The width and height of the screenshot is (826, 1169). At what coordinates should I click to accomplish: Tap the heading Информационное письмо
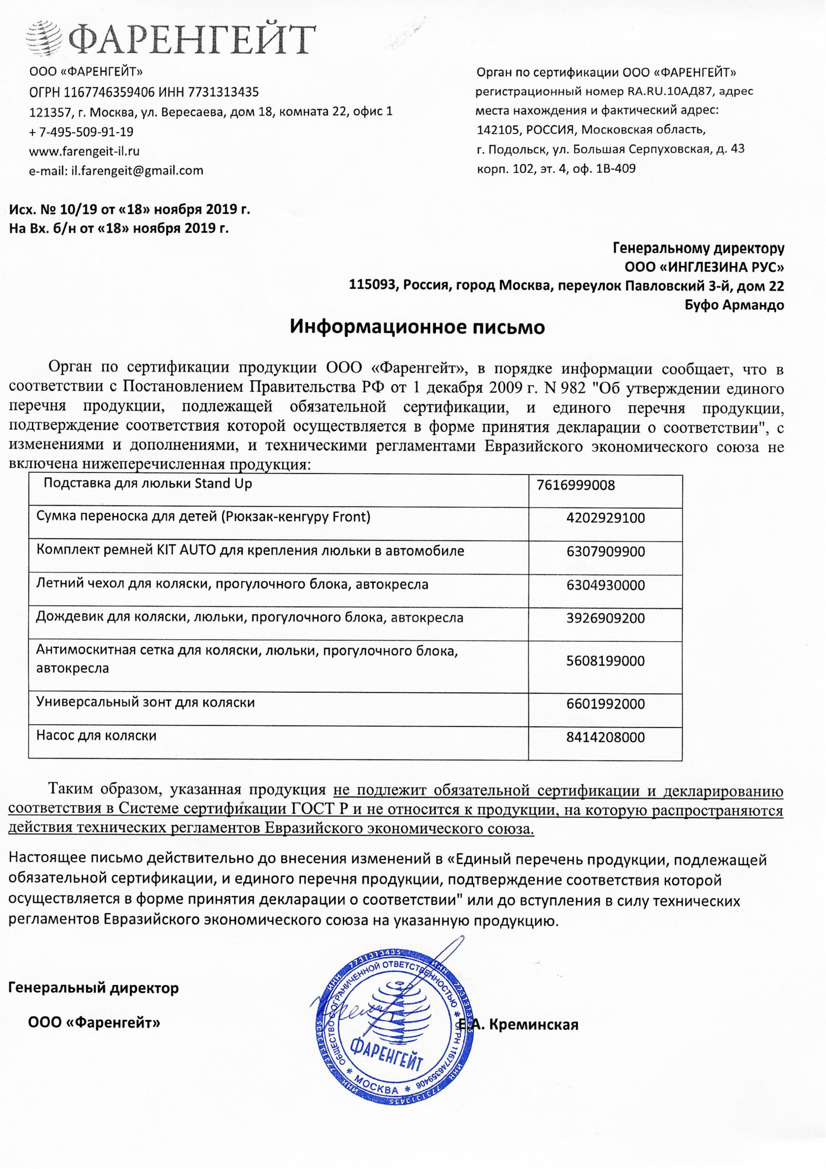tap(417, 327)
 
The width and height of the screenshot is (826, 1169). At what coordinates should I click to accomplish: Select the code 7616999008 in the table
tap(575, 485)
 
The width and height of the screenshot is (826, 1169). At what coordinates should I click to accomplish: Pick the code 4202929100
tap(605, 518)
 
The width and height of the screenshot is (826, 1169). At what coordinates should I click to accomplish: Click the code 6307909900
tap(605, 552)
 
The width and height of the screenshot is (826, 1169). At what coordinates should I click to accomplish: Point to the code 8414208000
tap(605, 738)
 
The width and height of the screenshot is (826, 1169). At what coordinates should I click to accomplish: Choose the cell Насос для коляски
tap(96, 736)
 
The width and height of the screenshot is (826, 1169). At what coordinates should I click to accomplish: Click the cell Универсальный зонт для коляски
tap(145, 703)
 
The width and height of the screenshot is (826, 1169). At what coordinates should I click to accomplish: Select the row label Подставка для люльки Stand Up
tap(147, 484)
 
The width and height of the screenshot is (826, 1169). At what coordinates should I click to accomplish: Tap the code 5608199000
tap(605, 661)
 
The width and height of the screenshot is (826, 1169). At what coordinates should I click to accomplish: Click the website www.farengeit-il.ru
tap(84, 151)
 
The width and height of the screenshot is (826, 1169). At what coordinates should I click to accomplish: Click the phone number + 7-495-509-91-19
tap(81, 132)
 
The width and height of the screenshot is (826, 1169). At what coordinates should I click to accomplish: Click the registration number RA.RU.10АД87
tap(672, 92)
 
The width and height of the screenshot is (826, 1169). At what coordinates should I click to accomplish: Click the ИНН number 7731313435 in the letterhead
tap(224, 92)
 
